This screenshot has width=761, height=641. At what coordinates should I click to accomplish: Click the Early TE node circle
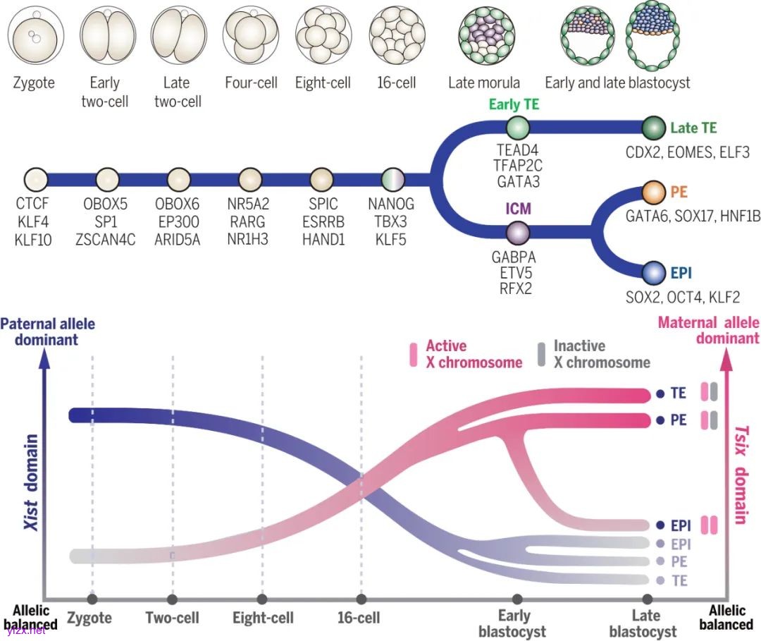tap(518, 128)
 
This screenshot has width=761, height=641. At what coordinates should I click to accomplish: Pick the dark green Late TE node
tap(653, 128)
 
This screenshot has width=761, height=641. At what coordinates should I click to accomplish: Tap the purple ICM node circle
tap(518, 232)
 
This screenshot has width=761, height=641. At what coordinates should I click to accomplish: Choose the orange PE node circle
tap(654, 192)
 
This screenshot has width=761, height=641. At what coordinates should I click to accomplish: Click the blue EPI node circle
tap(654, 272)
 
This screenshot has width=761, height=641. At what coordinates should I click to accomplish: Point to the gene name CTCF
tap(34, 204)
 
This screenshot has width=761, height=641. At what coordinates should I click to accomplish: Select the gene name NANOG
tap(391, 204)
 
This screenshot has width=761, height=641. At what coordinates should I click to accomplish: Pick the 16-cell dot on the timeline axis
tap(361, 599)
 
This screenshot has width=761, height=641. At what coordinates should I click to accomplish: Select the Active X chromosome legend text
tap(473, 355)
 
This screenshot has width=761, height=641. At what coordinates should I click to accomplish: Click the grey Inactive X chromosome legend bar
tap(541, 355)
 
